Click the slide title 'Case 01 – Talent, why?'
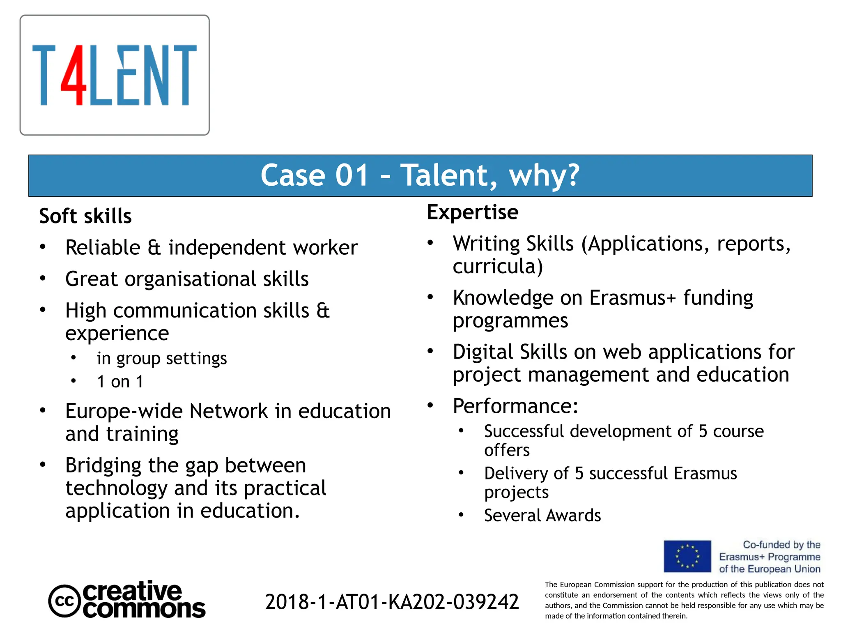coord(420,175)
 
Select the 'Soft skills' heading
coord(85,216)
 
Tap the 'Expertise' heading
coord(473,212)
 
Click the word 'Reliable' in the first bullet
coord(103,248)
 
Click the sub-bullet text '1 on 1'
coord(120,382)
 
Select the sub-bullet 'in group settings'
coord(162,359)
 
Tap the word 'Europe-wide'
coord(124,411)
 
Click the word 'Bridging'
coord(103,465)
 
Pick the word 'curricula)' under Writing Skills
coord(498,267)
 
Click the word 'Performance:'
coord(516,406)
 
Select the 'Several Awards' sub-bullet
coord(542,516)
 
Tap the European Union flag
coord(687,557)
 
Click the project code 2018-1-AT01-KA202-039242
coord(392,602)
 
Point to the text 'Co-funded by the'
coord(781,545)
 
